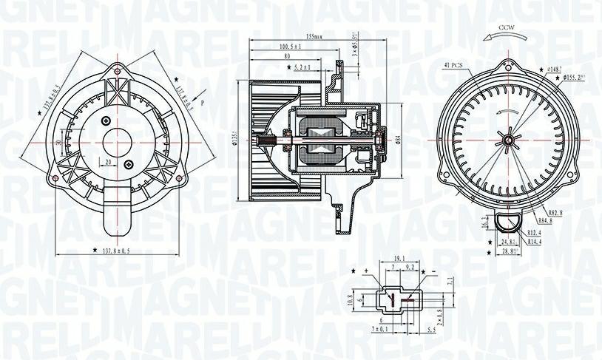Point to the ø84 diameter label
(x=398, y=137)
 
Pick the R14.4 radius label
(x=535, y=240)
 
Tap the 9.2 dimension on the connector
(x=409, y=267)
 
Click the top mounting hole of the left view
(x=116, y=71)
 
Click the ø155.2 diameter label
(x=575, y=77)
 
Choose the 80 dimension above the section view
(x=287, y=57)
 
